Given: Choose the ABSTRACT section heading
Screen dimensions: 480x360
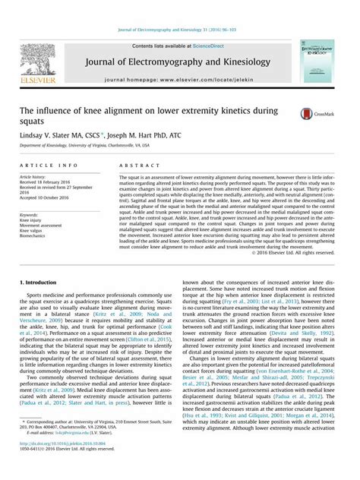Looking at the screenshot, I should [x=134, y=165].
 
